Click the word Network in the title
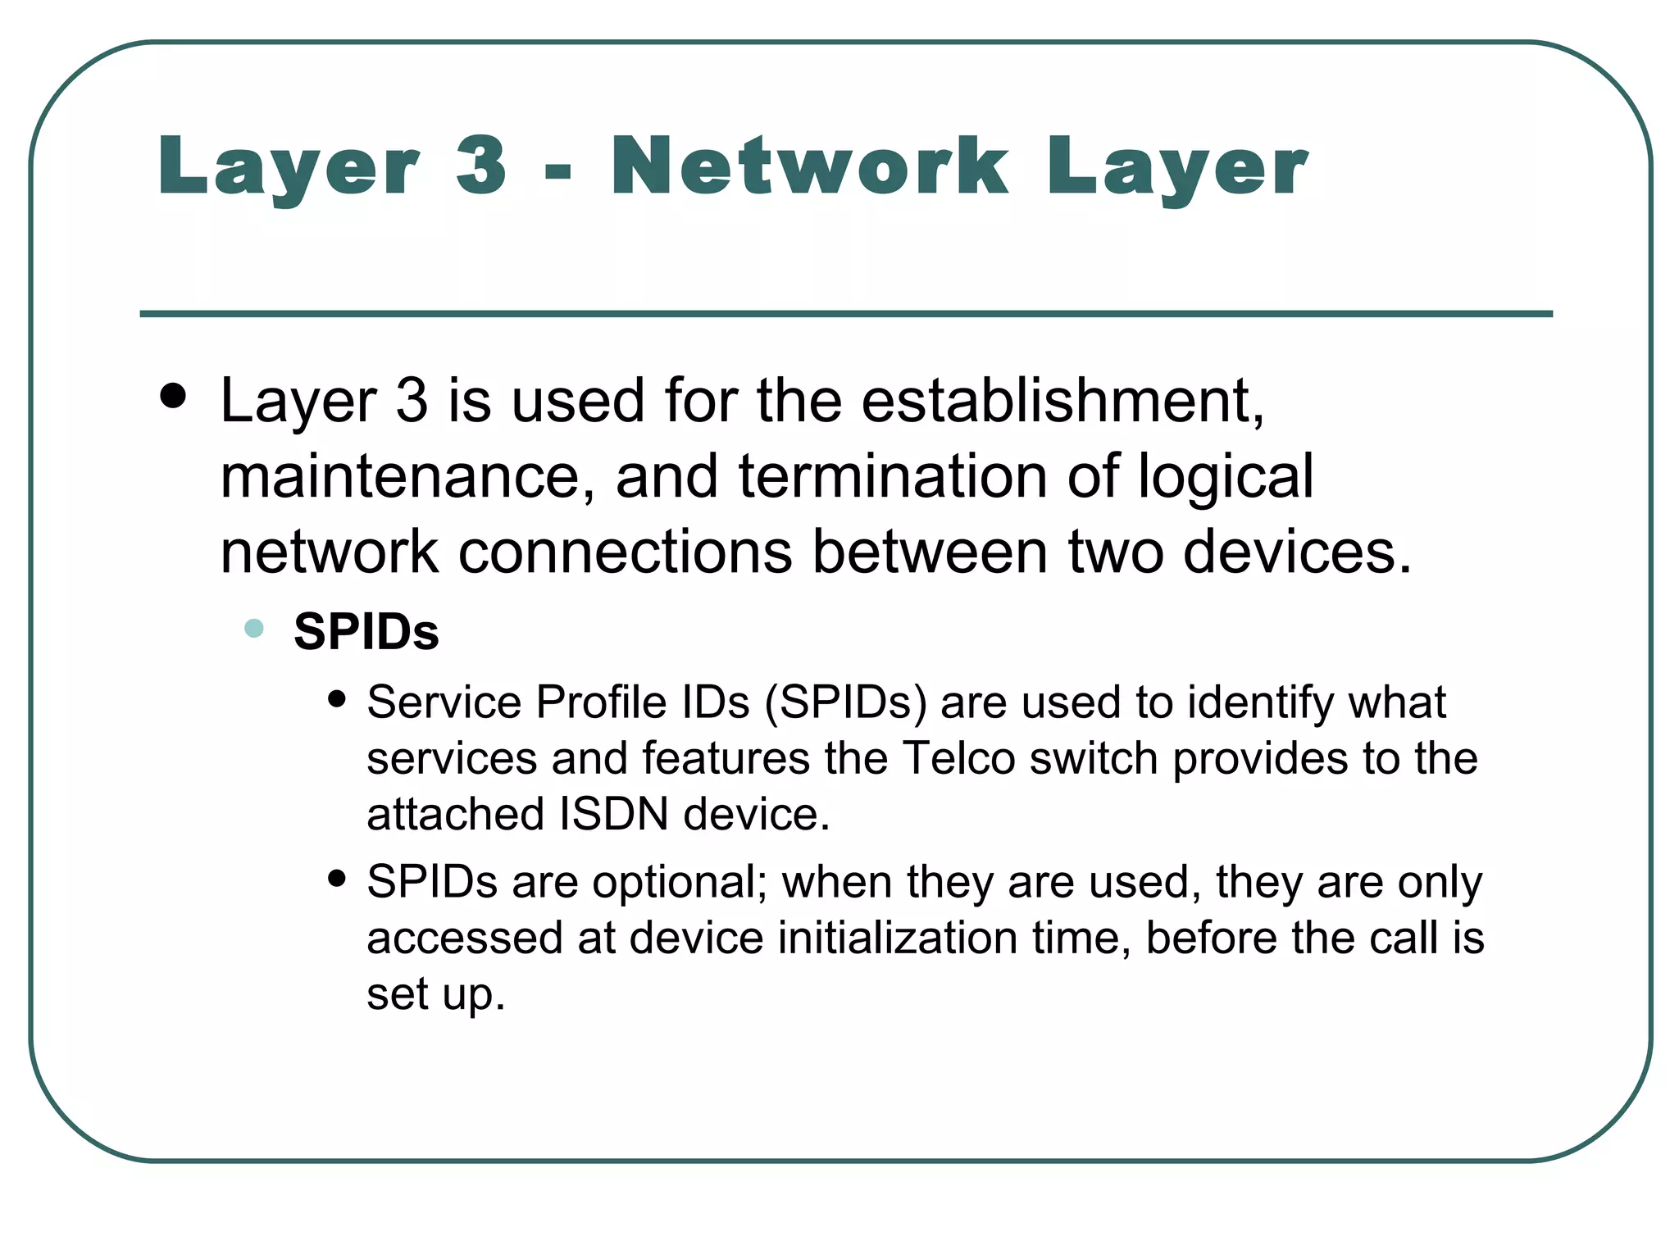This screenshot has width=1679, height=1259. (x=809, y=166)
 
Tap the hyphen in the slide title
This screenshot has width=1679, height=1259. (x=557, y=172)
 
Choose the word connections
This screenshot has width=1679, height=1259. (x=626, y=552)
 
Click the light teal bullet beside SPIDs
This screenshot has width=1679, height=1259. (x=254, y=629)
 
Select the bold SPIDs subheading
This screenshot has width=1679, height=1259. (x=366, y=632)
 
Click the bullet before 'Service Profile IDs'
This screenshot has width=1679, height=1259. (x=336, y=699)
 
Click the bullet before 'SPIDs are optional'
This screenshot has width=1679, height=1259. (x=336, y=879)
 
